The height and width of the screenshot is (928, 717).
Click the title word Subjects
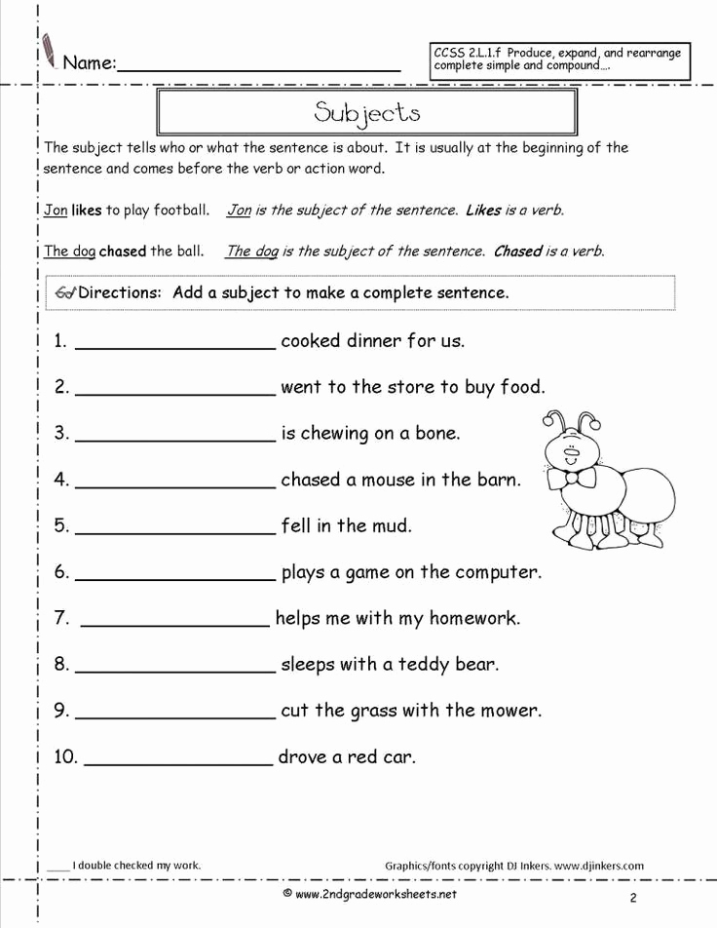tap(367, 112)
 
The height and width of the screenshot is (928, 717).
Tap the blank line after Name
tap(258, 69)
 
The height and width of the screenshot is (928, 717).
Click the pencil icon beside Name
tap(49, 50)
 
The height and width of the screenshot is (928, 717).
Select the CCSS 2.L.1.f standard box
tap(560, 59)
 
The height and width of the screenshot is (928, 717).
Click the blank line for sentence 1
tap(175, 347)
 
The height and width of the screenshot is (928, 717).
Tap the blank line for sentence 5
tap(175, 532)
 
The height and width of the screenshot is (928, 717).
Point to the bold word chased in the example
tap(123, 251)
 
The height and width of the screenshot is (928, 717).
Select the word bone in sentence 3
tap(435, 434)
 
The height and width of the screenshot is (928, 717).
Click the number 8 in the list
tap(59, 666)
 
